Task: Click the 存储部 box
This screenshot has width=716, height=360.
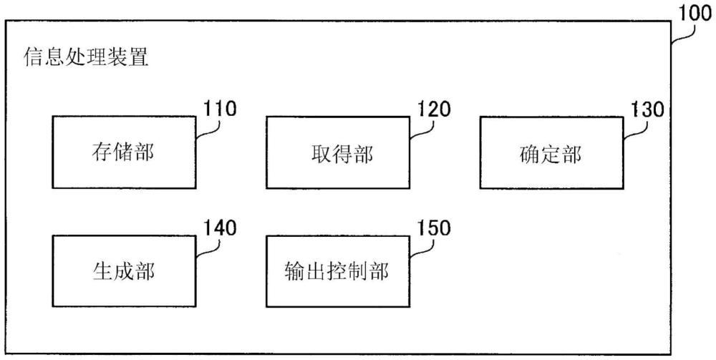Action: pyautogui.click(x=124, y=152)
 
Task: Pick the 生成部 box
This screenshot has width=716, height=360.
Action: pyautogui.click(x=124, y=271)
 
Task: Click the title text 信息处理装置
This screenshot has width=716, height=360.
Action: pyautogui.click(x=87, y=57)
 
